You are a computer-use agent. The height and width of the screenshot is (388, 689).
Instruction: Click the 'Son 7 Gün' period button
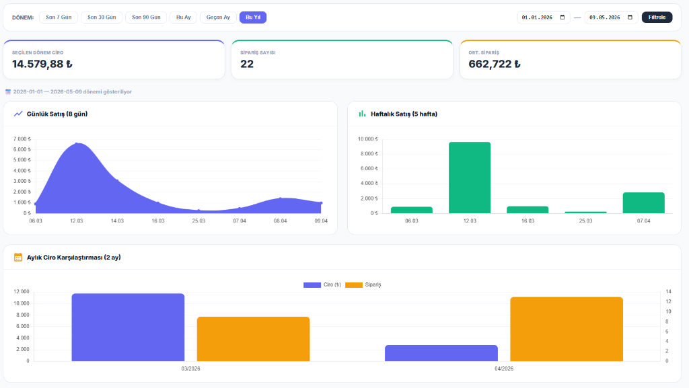pos(59,17)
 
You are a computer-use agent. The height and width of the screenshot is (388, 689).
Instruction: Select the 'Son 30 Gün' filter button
pos(102,17)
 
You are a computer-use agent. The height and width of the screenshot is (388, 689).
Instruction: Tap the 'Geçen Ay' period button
pos(218,17)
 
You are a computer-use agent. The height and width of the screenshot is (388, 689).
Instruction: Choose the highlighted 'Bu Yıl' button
pos(253,17)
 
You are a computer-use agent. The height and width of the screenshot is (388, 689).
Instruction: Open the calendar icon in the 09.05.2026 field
pos(630,17)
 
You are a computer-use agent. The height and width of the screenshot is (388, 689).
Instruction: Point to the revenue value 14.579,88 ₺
pos(42,64)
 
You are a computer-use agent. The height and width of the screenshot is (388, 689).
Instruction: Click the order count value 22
pos(247,64)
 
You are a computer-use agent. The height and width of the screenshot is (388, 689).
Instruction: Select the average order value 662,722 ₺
pos(495,64)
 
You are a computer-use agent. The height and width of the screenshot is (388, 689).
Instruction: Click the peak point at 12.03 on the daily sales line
pos(77,143)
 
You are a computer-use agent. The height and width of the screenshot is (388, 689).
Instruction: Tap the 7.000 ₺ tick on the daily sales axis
pos(22,139)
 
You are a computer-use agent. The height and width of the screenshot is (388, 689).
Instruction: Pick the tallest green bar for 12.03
pos(470,178)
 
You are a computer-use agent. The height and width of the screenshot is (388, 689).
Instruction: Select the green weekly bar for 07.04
pos(644,203)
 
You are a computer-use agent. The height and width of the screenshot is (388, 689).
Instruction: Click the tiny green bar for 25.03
pos(586,212)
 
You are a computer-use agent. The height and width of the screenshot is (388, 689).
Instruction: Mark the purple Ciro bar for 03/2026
pos(128,327)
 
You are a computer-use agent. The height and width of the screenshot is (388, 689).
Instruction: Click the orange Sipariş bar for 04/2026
pos(567,329)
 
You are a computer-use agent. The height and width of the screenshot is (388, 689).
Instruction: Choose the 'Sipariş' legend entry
pos(363,285)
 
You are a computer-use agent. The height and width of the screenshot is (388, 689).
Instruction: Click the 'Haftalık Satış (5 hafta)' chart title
pos(404,114)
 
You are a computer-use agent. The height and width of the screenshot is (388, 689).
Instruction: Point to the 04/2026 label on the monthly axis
pos(503,368)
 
